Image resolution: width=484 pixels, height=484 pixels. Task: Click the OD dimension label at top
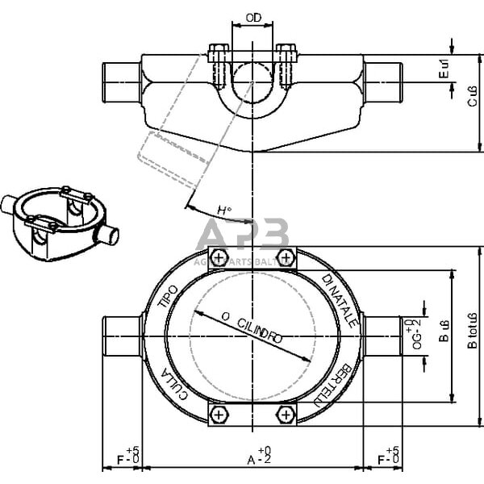pos(252,16)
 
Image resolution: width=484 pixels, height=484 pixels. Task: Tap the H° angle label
pos(224,211)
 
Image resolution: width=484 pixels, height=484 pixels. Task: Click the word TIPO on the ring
pos(168,298)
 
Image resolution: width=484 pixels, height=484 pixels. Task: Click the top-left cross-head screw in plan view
pos(217,257)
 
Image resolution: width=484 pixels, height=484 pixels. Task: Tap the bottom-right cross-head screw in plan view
pos(286,414)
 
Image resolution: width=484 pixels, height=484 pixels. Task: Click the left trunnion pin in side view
pos(121,79)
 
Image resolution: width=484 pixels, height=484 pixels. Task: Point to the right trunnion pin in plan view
pos(382,336)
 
